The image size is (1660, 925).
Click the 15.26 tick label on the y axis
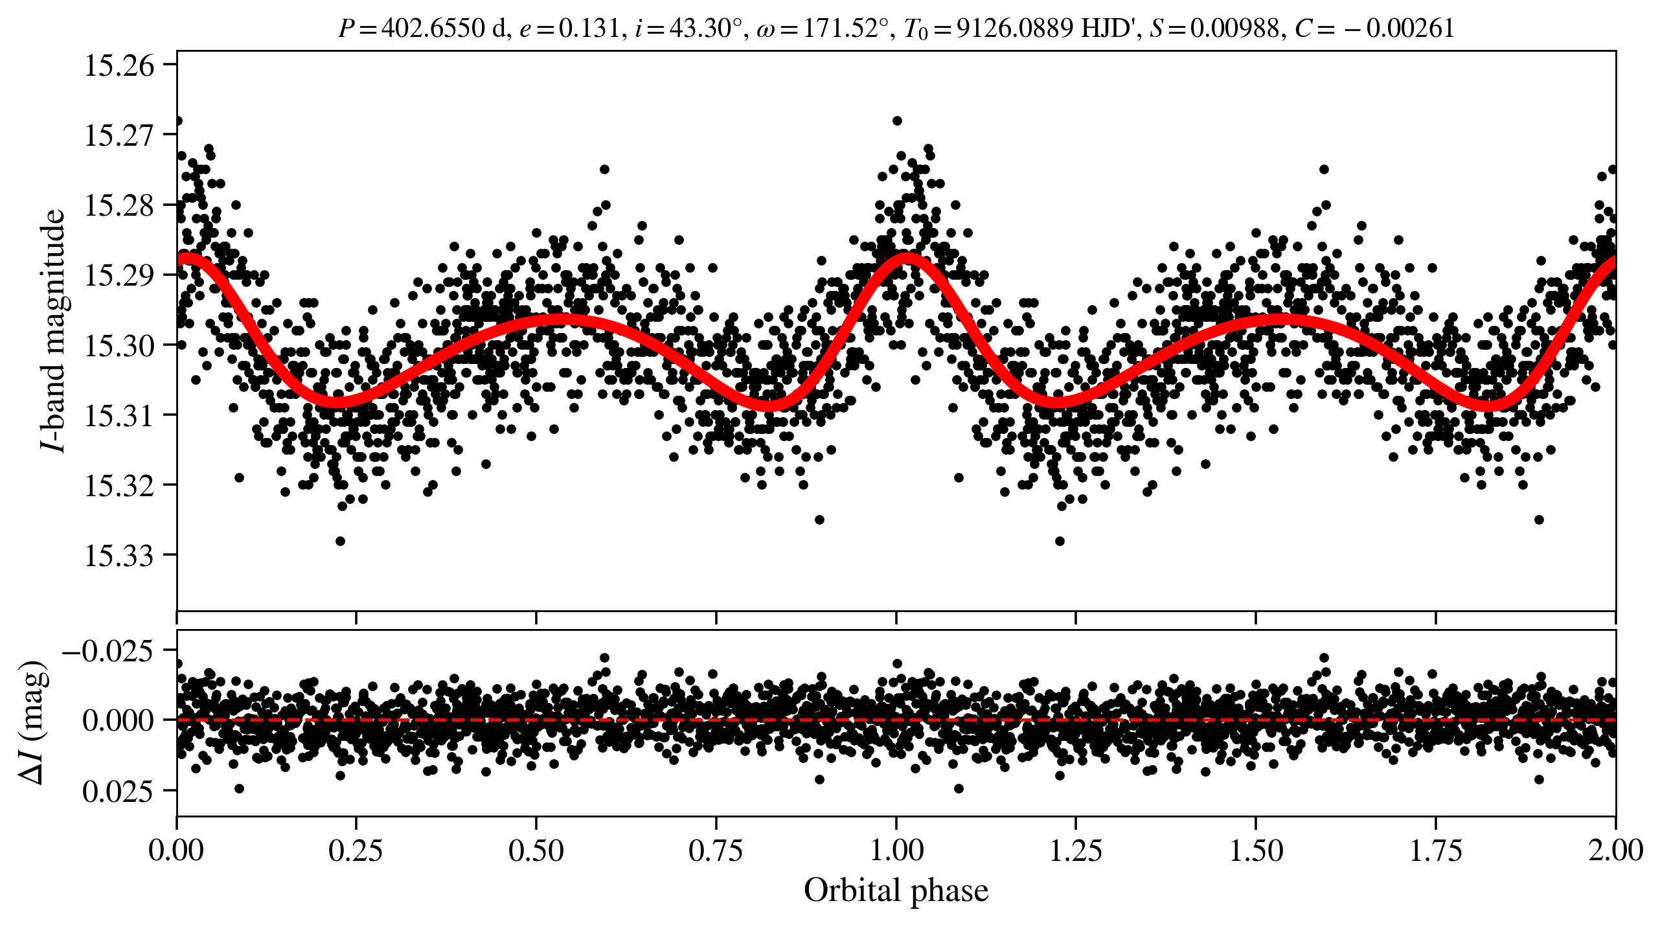pos(120,66)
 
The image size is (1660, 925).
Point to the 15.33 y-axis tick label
pos(120,556)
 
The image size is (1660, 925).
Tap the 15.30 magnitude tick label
pos(120,346)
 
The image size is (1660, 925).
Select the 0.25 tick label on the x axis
pos(356,851)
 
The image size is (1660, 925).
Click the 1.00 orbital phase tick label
pos(896,851)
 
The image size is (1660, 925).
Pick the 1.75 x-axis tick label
pos(1436,851)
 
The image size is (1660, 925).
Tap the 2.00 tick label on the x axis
pos(1615,851)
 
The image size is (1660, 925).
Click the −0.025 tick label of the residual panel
pos(108,651)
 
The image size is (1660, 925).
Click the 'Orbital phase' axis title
pos(896,891)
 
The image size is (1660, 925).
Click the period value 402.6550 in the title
pos(433,29)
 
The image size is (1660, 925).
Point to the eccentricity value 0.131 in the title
pos(589,29)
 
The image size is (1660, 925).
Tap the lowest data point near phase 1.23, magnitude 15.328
pos(1060,541)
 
